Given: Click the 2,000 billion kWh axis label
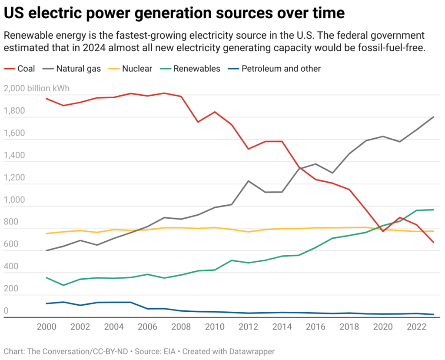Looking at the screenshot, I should coord(36,89).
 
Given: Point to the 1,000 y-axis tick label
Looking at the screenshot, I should coord(14,200).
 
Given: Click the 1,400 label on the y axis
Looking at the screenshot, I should coord(14,156).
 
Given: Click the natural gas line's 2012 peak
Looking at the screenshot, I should coord(248,181).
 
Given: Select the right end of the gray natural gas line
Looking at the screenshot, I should coord(433,117).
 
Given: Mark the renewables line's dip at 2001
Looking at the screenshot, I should coord(63,285).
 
